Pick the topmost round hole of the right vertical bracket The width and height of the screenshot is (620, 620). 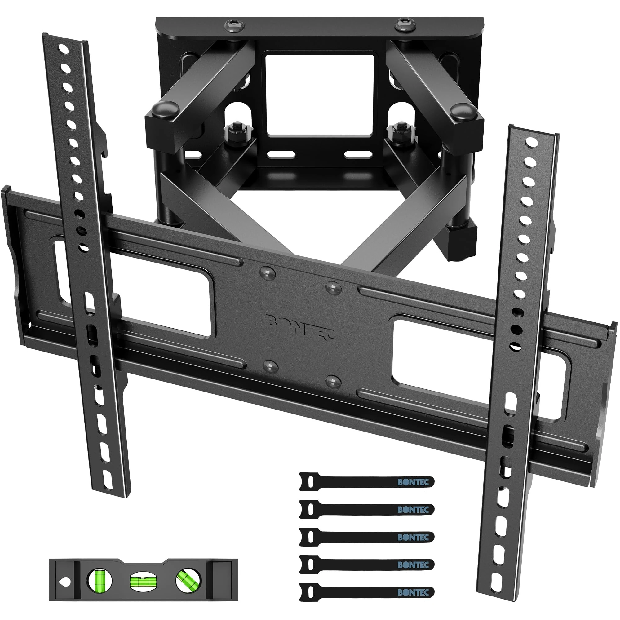coord(532,142)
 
